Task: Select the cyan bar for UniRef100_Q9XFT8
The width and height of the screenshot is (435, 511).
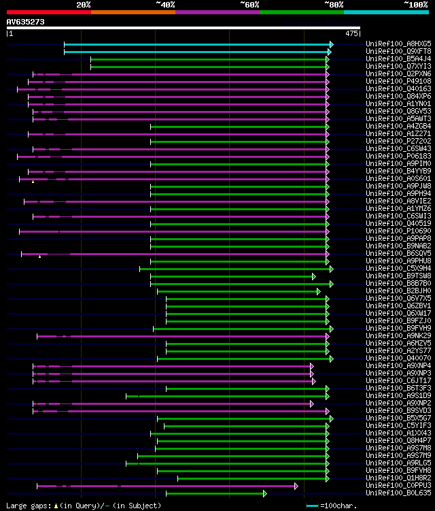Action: pyautogui.click(x=197, y=52)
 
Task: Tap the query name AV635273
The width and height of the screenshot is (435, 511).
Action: pyautogui.click(x=26, y=22)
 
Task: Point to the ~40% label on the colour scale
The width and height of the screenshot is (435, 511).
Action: pyautogui.click(x=164, y=4)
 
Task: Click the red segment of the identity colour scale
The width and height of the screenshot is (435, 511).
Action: pyautogui.click(x=48, y=12)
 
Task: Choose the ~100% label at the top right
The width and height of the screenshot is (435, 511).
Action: pyautogui.click(x=415, y=4)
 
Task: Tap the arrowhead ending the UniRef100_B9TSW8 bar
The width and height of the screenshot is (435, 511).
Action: pyautogui.click(x=314, y=276)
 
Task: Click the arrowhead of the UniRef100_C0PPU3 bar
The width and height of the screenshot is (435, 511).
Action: pyautogui.click(x=296, y=486)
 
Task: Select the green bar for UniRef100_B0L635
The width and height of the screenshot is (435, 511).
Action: pyautogui.click(x=215, y=493)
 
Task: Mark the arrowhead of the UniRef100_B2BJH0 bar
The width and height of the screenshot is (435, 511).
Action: pyautogui.click(x=318, y=291)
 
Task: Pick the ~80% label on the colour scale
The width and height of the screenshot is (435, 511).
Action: pyautogui.click(x=333, y=4)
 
